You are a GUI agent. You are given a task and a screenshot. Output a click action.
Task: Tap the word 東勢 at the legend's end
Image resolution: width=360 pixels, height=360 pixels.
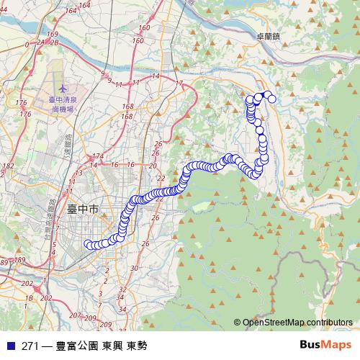pyautogui.click(x=136, y=346)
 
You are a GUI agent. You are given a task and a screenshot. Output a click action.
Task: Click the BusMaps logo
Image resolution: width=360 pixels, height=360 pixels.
pyautogui.click(x=325, y=345)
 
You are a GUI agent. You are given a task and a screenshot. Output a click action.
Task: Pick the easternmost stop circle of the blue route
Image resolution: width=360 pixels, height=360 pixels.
pyautogui.click(x=272, y=99)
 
